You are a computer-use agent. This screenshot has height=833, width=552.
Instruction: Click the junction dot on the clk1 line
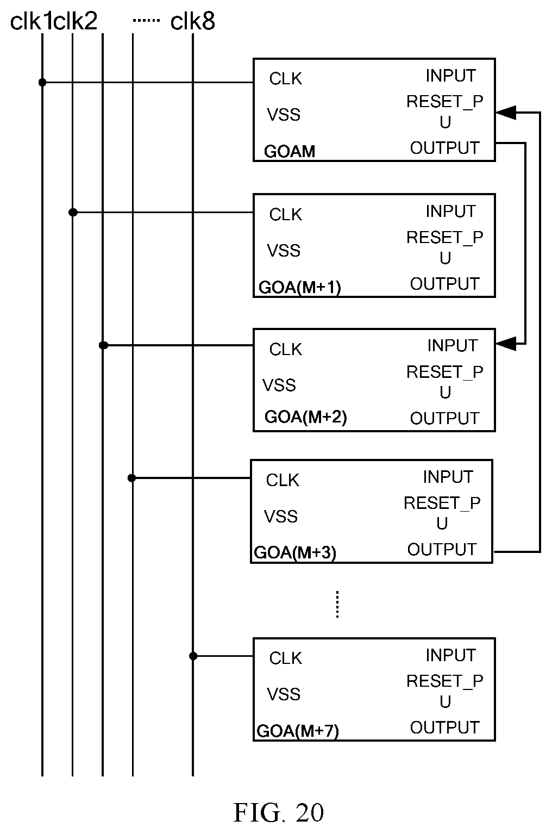42,82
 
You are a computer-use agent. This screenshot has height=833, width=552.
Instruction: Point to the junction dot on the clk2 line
73,213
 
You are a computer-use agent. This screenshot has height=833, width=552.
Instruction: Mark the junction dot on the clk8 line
193,656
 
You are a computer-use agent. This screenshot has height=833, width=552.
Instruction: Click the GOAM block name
290,151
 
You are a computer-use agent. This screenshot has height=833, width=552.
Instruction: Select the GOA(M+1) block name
300,288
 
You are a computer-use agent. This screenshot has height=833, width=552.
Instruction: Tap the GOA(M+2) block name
306,417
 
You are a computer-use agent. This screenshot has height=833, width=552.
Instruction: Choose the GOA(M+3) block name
295,552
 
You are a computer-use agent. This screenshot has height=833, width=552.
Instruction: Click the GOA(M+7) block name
298,731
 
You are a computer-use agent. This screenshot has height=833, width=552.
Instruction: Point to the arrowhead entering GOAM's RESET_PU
506,113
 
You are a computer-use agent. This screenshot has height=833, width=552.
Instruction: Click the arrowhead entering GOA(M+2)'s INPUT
506,344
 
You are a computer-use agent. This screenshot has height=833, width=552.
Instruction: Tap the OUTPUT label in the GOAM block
444,148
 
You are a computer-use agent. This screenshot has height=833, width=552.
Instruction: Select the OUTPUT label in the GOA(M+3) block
442,550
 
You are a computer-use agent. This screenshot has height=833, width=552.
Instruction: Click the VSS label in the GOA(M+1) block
284,251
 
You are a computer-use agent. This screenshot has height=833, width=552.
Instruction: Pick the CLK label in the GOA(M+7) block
286,658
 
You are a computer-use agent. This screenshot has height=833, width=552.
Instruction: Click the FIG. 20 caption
279,812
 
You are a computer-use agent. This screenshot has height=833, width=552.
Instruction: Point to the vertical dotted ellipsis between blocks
337,604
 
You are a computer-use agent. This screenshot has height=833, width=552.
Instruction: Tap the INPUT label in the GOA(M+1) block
450,211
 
